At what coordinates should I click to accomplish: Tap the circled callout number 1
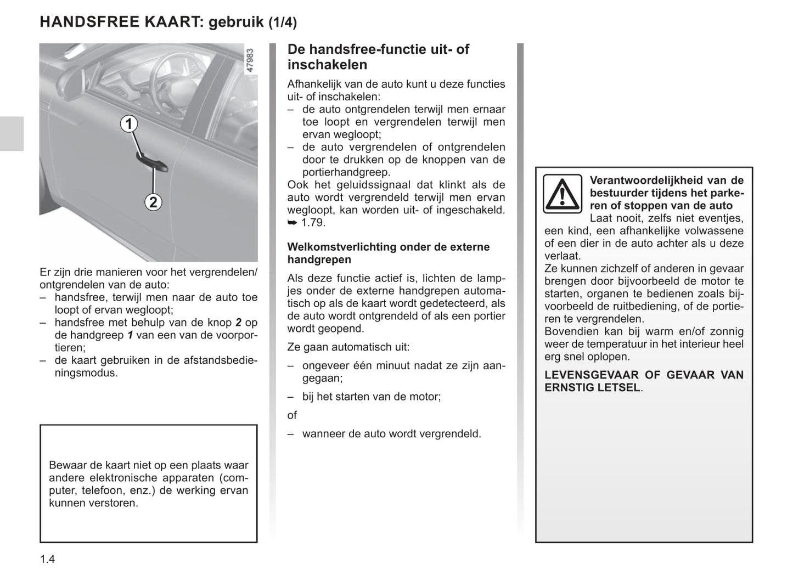pos(128,124)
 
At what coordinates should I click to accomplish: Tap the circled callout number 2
pos(153,202)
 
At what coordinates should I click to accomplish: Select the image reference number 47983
pos(250,61)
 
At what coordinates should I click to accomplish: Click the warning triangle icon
pos(563,194)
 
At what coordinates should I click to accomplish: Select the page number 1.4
pos(47,559)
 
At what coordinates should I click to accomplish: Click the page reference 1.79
pos(313,223)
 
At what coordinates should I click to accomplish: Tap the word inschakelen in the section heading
pos(327,65)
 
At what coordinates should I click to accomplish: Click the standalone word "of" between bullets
pos(292,415)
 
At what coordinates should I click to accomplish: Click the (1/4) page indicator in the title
pos(282,22)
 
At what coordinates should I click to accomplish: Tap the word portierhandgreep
pos(338,172)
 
